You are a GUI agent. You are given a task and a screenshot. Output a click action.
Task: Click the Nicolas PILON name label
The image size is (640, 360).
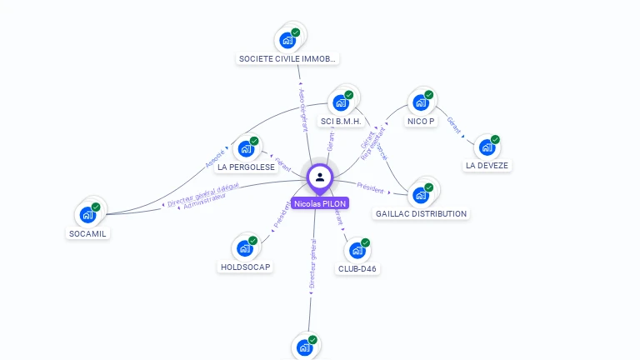point(320,203)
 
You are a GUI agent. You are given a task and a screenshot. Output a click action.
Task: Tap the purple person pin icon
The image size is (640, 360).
point(320,177)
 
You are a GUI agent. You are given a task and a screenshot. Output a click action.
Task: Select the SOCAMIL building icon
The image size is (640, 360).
point(87,214)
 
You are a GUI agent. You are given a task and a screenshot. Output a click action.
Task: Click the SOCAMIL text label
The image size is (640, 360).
point(88,233)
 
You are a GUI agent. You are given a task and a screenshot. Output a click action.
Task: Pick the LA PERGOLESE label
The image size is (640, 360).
point(246,167)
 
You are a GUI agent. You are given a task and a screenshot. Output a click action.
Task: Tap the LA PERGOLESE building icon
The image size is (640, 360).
point(245,148)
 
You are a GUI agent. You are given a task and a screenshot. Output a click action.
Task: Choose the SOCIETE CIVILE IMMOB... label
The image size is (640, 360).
point(287,59)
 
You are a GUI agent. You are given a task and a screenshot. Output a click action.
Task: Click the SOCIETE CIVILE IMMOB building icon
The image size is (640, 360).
point(287,39)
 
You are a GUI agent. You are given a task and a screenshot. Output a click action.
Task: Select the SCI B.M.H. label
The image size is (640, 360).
point(341,122)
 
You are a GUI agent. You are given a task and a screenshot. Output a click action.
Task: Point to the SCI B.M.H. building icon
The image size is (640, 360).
point(340,102)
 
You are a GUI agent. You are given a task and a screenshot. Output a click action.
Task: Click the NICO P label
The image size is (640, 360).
point(421,122)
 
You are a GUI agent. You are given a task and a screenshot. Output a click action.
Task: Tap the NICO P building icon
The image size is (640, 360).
point(420,102)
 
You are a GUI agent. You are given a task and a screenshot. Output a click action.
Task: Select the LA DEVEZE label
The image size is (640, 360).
point(487,165)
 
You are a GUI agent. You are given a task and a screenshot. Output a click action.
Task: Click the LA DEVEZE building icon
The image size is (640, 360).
point(487,147)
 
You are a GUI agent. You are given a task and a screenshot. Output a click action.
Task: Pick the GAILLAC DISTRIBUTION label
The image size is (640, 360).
point(421,214)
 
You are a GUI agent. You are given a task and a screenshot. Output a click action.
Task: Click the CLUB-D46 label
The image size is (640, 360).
point(357,269)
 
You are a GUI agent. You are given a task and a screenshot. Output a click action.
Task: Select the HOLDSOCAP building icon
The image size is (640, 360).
point(244,248)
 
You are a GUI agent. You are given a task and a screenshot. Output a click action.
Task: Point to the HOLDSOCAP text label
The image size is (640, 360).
point(245,267)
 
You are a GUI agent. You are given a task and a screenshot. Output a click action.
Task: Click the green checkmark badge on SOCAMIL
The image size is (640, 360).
point(96,207)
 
